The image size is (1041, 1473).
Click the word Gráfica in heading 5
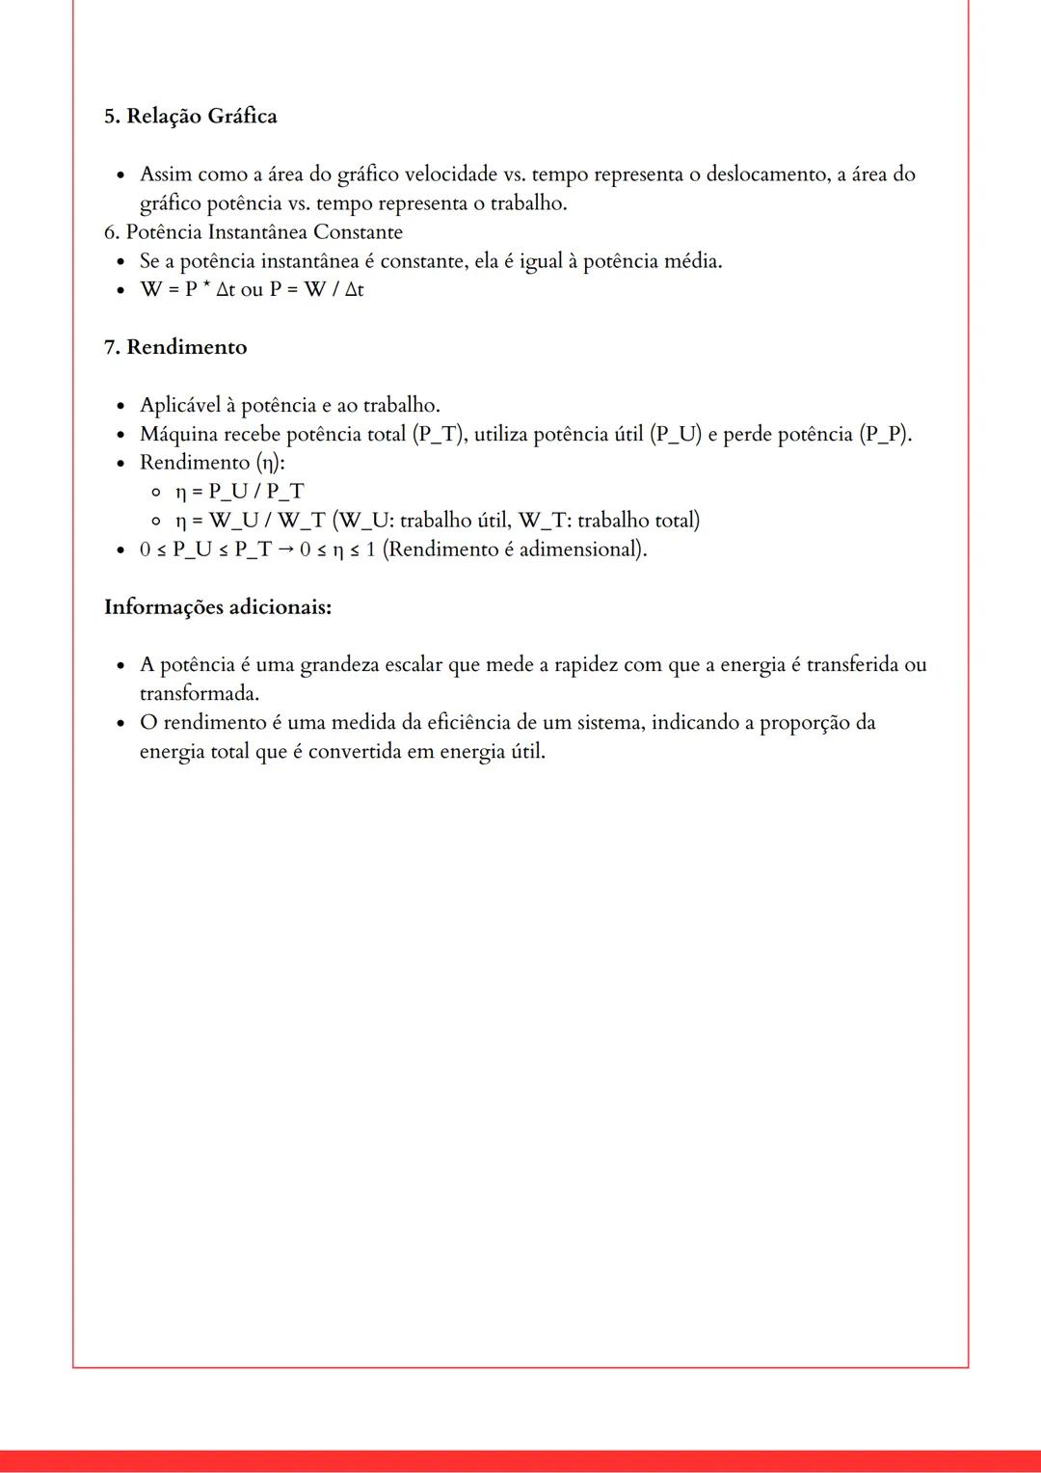click(x=242, y=117)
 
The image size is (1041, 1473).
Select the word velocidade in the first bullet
click(x=451, y=174)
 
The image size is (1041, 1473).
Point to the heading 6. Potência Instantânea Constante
click(x=253, y=232)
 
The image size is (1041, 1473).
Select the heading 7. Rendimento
click(x=175, y=347)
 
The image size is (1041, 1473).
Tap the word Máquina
click(x=178, y=434)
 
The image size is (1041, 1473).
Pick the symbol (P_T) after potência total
click(x=441, y=434)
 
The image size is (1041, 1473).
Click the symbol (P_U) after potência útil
click(x=676, y=434)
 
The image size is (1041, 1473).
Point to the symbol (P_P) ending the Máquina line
click(x=885, y=434)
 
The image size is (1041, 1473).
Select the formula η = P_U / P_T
click(x=239, y=492)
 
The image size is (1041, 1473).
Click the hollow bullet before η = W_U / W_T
click(x=155, y=521)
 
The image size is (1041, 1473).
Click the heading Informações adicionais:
click(x=218, y=607)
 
